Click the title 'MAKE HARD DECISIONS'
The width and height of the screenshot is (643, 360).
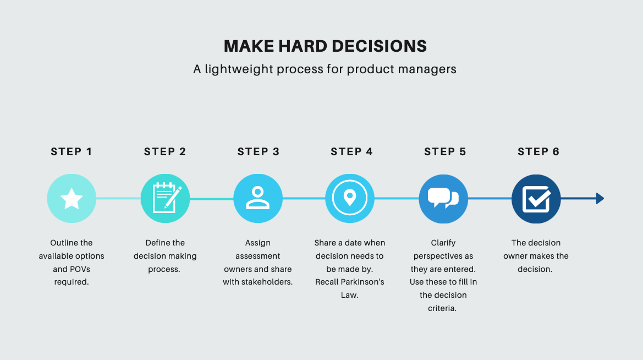point(325,46)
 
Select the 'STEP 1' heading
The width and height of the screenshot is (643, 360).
point(72,152)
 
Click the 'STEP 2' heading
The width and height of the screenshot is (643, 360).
point(165,152)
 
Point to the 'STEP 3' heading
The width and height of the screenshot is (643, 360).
point(259,152)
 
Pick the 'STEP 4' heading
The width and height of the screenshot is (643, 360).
point(351,152)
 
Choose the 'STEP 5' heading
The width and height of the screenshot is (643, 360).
point(445,152)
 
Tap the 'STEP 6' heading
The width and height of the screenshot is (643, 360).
point(538,152)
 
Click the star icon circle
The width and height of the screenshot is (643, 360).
point(72,199)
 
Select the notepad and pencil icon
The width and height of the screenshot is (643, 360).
point(165,199)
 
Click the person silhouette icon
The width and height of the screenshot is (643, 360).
point(258,199)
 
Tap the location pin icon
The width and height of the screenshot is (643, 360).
point(350,199)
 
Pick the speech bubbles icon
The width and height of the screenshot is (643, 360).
point(443,199)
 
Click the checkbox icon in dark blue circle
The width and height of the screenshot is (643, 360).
point(536,199)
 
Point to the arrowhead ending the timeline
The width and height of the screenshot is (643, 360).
point(600,199)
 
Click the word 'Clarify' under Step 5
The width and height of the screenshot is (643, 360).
point(443,243)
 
